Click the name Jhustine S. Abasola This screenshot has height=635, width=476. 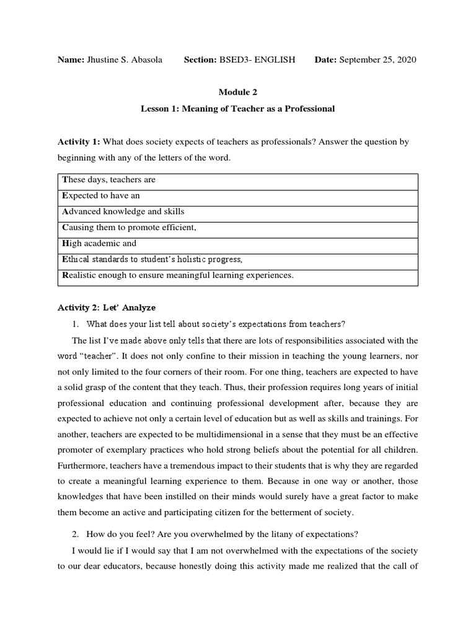coord(124,60)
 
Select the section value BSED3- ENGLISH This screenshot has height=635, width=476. coord(257,60)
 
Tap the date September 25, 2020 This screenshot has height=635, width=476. coord(377,60)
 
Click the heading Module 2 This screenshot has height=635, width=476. coord(237,92)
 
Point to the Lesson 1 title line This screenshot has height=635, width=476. coord(237,109)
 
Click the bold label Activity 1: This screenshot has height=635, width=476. coord(79,142)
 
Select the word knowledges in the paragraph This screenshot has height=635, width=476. coord(81,497)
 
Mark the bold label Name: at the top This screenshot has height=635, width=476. coord(70,60)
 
